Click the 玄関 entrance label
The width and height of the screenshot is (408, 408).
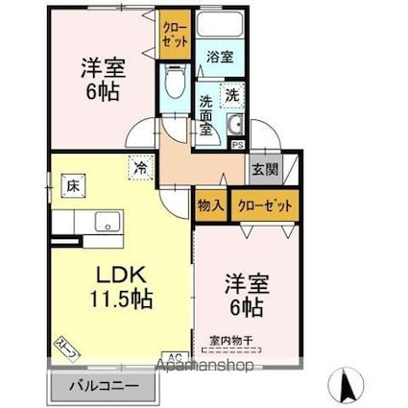pos(264,170)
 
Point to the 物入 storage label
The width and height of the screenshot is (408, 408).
pos(211,204)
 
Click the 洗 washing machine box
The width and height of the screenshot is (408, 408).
pos(231,94)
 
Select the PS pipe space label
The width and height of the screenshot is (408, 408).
pos(236,145)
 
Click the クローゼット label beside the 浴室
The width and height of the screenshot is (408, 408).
pos(176,35)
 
